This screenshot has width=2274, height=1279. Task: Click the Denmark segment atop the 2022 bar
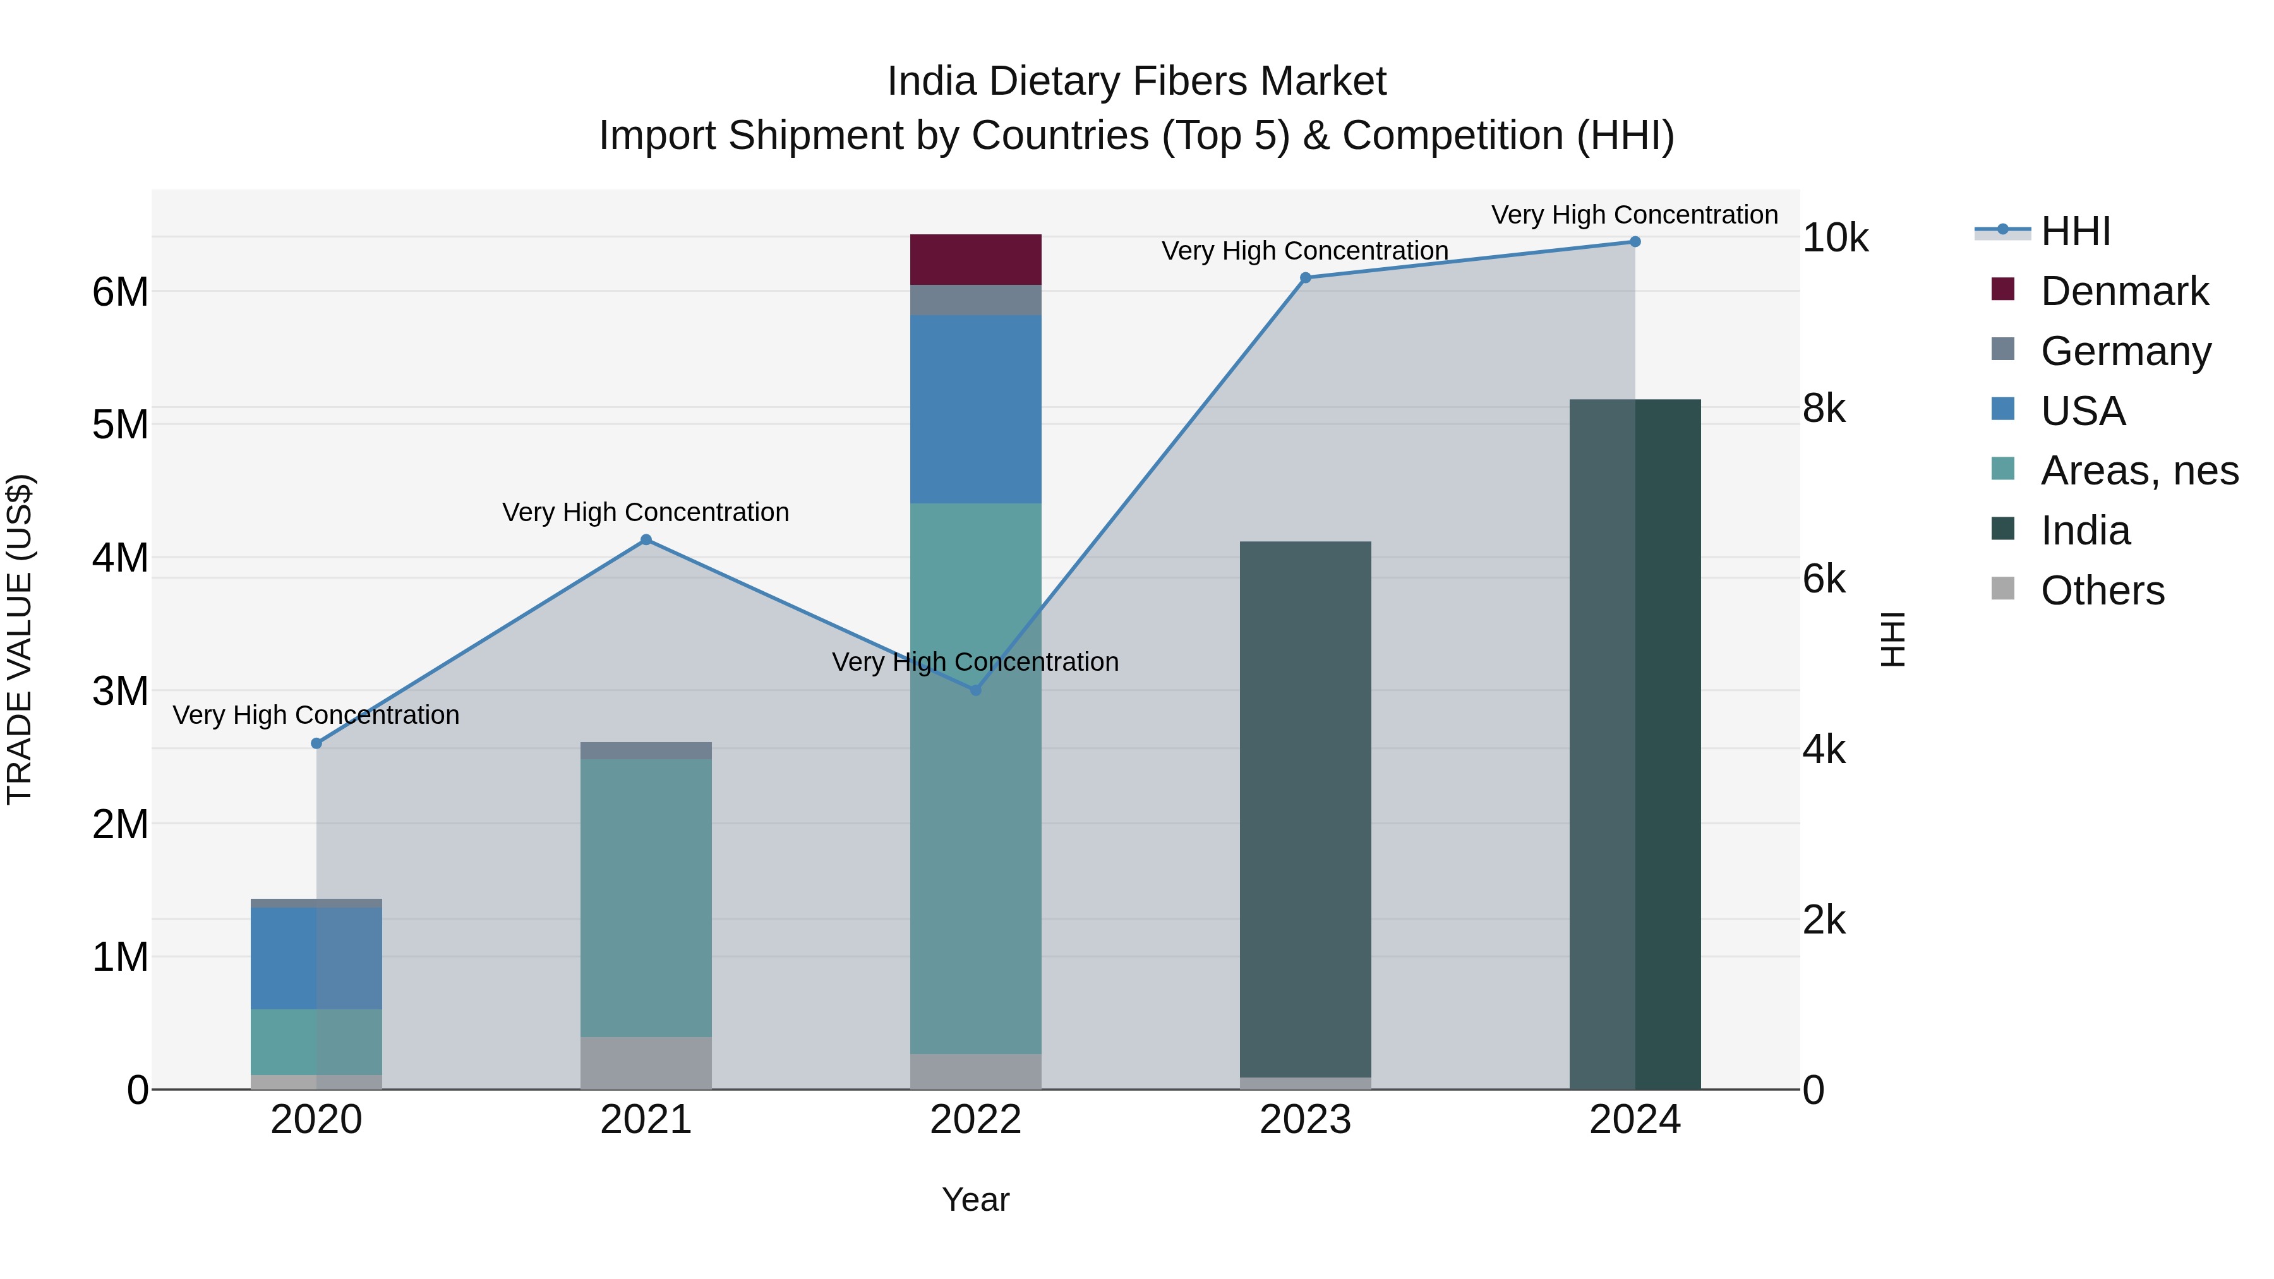pos(975,260)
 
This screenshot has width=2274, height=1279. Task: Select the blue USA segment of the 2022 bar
pos(975,409)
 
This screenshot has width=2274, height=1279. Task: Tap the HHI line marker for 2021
pos(646,539)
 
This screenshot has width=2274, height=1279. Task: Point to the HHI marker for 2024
pos(1635,241)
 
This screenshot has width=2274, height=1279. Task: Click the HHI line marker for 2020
pos(316,743)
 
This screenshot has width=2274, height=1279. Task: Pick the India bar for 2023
pos(1305,808)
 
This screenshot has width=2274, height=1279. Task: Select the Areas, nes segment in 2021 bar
pos(646,898)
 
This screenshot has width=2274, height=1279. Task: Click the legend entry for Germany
pos(2125,351)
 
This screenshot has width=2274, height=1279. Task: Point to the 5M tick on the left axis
pos(120,424)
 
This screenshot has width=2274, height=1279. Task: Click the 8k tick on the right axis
pos(1824,408)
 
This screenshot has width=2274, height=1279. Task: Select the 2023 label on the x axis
pos(1305,1120)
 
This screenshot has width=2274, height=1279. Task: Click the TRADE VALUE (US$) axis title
pos(20,639)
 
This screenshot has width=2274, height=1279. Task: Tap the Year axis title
pos(975,1199)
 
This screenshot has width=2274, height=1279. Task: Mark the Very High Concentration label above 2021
pos(646,512)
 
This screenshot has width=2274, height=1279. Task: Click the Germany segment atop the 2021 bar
pos(646,750)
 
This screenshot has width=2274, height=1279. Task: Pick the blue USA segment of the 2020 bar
pos(316,958)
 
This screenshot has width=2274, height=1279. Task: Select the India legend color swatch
pos(2003,529)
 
